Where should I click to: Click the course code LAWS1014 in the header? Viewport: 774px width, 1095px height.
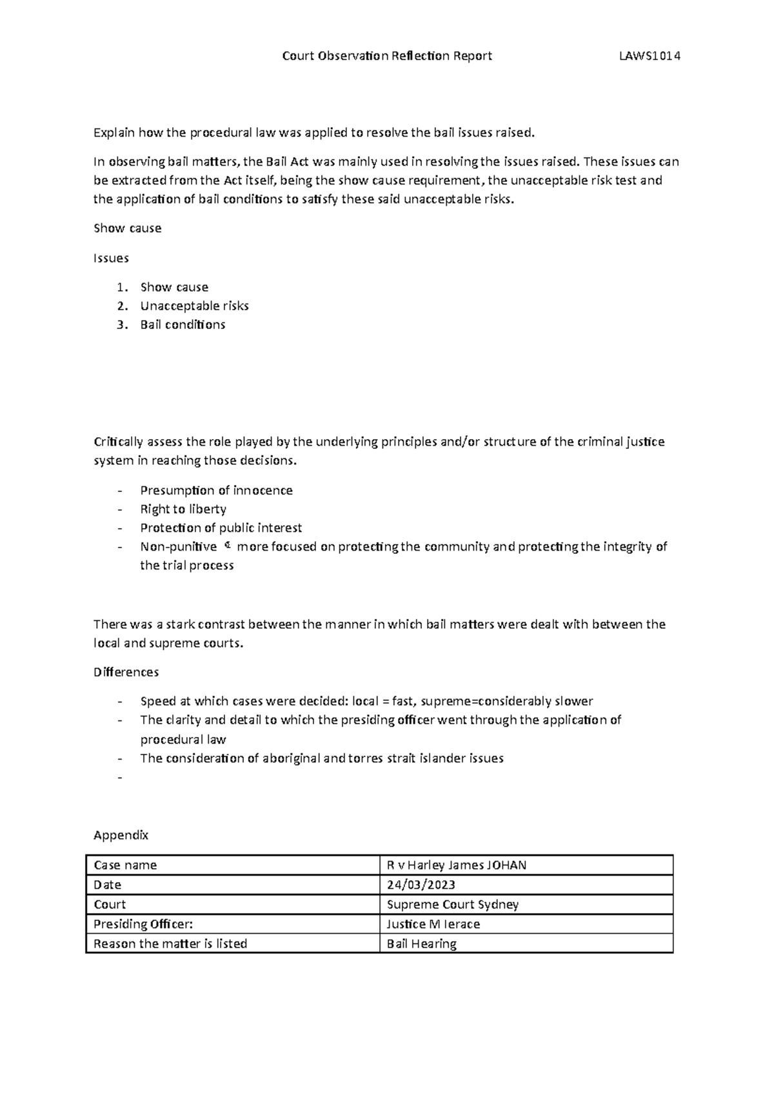pyautogui.click(x=650, y=56)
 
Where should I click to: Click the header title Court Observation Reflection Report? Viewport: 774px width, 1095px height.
pyautogui.click(x=387, y=56)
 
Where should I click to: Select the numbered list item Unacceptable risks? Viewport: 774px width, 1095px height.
pyautogui.click(x=194, y=306)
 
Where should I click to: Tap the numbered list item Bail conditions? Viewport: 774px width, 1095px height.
pyautogui.click(x=183, y=324)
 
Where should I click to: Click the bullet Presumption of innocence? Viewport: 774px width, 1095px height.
pyautogui.click(x=216, y=490)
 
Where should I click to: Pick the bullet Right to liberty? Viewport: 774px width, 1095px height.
pyautogui.click(x=183, y=509)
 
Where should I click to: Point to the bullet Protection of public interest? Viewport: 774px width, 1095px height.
pyautogui.click(x=221, y=528)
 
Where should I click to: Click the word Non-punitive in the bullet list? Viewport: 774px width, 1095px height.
pyautogui.click(x=179, y=547)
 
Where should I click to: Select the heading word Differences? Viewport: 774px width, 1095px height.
pyautogui.click(x=126, y=672)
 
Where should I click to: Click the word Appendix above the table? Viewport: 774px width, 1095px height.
pyautogui.click(x=121, y=835)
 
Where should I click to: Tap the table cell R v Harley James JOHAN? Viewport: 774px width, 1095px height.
pyautogui.click(x=456, y=865)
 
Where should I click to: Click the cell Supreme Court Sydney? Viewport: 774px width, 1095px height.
pyautogui.click(x=452, y=904)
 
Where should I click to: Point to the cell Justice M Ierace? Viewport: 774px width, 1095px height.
pyautogui.click(x=433, y=924)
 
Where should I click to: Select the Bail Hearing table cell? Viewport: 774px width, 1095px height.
pyautogui.click(x=421, y=943)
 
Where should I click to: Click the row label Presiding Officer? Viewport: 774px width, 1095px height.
pyautogui.click(x=143, y=924)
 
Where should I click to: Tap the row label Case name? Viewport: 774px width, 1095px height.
pyautogui.click(x=125, y=865)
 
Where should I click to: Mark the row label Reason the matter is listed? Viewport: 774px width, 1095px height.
pyautogui.click(x=170, y=943)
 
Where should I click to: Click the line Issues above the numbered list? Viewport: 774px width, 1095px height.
pyautogui.click(x=111, y=258)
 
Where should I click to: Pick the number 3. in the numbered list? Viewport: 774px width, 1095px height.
pyautogui.click(x=123, y=324)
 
